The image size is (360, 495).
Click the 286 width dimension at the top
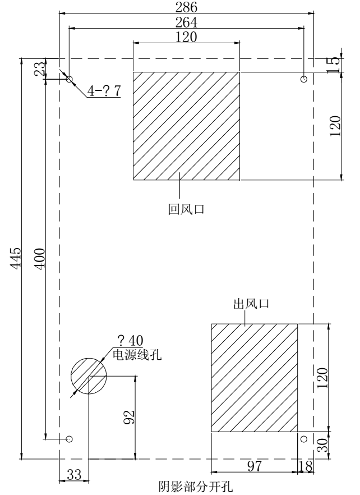[186, 7]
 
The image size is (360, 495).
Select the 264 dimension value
[186, 22]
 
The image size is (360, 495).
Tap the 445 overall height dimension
[16, 259]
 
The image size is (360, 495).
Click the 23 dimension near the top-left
[40, 68]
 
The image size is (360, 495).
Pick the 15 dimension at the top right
[334, 65]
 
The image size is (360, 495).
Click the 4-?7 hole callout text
[104, 91]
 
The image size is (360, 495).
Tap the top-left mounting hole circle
[70, 79]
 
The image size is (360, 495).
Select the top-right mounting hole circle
[304, 79]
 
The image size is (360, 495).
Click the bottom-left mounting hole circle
[70, 439]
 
